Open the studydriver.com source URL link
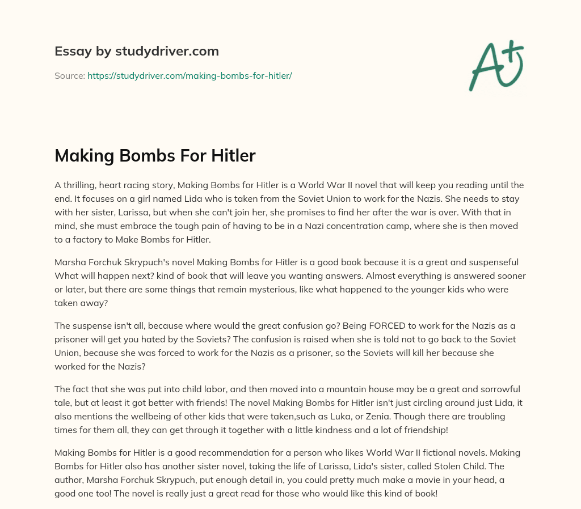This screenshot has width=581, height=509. click(190, 75)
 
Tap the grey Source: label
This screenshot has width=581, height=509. click(70, 75)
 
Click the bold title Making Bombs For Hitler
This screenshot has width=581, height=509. click(155, 155)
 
